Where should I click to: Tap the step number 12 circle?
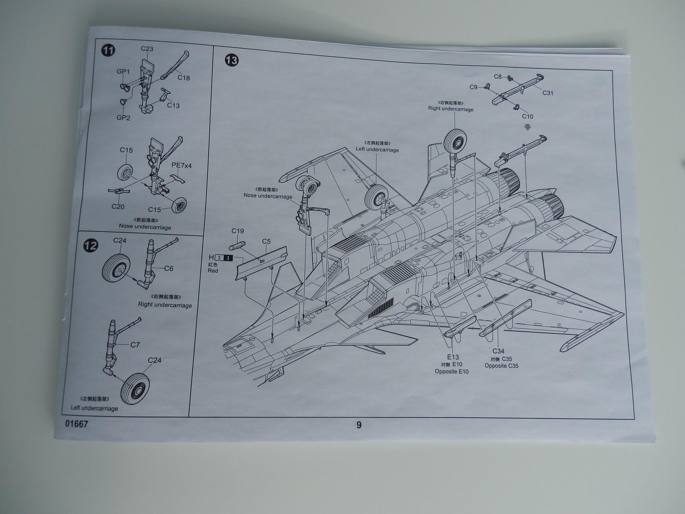pyautogui.click(x=91, y=245)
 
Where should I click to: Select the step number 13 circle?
pyautogui.click(x=231, y=60)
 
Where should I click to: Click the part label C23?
pyautogui.click(x=147, y=49)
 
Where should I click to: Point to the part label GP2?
pyautogui.click(x=123, y=118)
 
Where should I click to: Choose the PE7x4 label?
pyautogui.click(x=182, y=165)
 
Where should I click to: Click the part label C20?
pyautogui.click(x=118, y=206)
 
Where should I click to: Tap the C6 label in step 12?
pyautogui.click(x=169, y=269)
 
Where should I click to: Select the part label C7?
pyautogui.click(x=135, y=344)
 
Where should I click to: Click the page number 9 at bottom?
pyautogui.click(x=359, y=425)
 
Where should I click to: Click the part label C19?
pyautogui.click(x=238, y=231)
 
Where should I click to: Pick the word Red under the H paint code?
pyautogui.click(x=213, y=271)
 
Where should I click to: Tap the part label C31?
pyautogui.click(x=548, y=93)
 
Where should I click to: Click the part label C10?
pyautogui.click(x=527, y=117)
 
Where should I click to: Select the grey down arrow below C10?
pyautogui.click(x=527, y=127)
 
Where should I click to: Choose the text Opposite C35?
pyautogui.click(x=501, y=366)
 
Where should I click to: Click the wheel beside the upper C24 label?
pyautogui.click(x=116, y=266)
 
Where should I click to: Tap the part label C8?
pyautogui.click(x=497, y=77)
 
